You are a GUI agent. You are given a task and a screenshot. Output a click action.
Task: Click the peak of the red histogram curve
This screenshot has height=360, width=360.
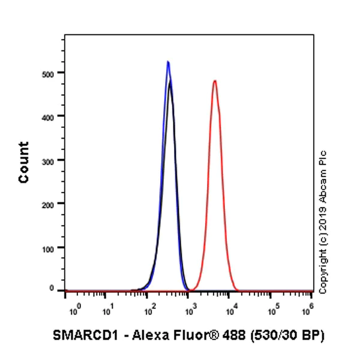[214, 80]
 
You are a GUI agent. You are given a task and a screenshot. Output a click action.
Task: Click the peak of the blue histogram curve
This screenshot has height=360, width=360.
[168, 61]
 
